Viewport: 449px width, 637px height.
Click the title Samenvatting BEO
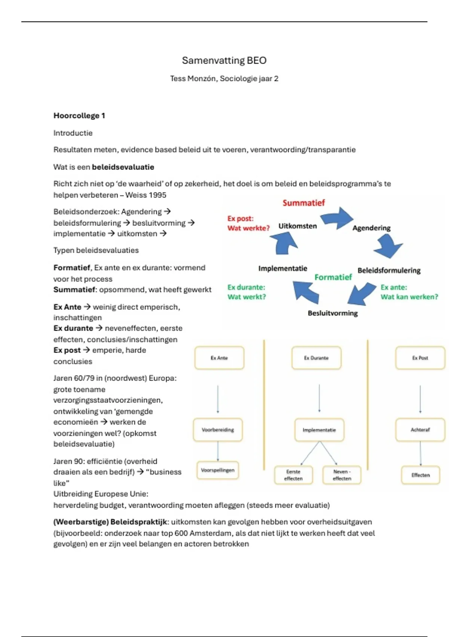click(224, 60)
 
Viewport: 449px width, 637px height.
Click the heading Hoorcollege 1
click(79, 116)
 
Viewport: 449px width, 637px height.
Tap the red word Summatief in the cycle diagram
click(303, 203)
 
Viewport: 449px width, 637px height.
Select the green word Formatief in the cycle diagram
click(333, 277)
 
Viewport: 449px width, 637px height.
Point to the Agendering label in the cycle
click(371, 228)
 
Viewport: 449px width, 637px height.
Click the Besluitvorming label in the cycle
click(333, 313)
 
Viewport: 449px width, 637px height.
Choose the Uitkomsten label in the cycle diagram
click(297, 226)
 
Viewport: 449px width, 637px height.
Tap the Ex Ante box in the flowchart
click(219, 358)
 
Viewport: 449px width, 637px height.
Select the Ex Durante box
click(316, 358)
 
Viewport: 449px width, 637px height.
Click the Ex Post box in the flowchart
click(420, 358)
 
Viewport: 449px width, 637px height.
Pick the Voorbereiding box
click(218, 430)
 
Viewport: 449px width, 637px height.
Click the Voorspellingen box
click(218, 470)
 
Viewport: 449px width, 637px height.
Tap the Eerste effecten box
click(293, 475)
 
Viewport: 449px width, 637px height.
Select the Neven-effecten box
click(342, 475)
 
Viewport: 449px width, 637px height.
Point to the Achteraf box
click(420, 430)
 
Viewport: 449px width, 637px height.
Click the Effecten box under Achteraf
click(421, 475)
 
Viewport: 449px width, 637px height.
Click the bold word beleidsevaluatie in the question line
click(123, 167)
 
